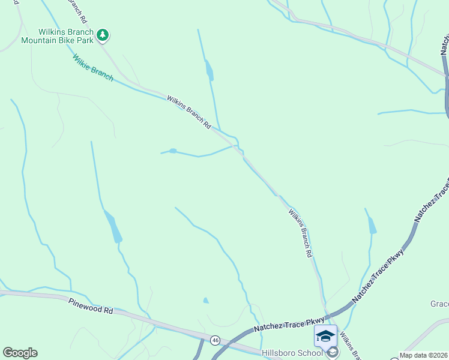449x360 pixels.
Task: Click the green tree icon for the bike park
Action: click(103, 35)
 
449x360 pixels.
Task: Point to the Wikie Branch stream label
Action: click(92, 68)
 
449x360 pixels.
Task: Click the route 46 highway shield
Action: click(215, 340)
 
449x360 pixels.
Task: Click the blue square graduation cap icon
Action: click(325, 335)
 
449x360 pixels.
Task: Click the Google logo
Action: click(20, 353)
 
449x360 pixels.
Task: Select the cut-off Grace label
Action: click(439, 304)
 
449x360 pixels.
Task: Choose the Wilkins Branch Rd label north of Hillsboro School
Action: click(301, 233)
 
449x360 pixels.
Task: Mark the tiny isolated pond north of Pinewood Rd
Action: click(206, 300)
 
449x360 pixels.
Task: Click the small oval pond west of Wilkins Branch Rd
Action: click(173, 151)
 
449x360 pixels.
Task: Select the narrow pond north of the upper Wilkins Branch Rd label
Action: click(209, 70)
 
